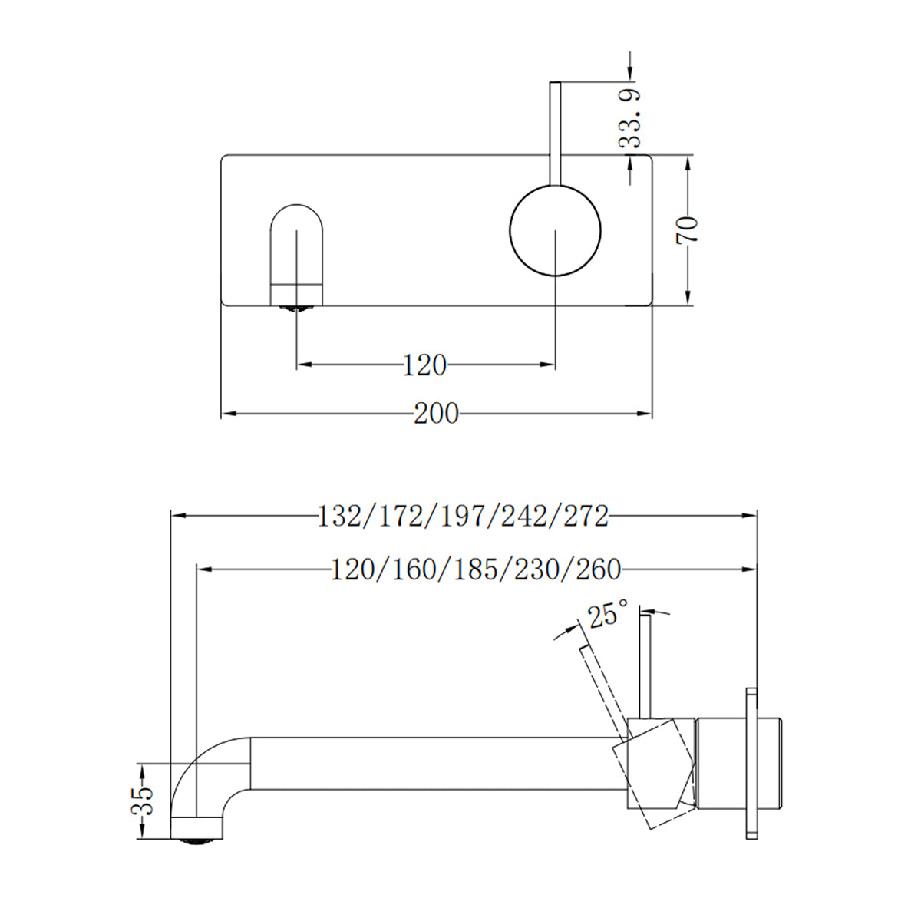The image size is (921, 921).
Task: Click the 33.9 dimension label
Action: click(x=631, y=117)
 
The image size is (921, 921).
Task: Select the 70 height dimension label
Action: click(x=688, y=230)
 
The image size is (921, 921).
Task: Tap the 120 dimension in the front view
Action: click(x=424, y=365)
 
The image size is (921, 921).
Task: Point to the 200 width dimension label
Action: click(x=436, y=414)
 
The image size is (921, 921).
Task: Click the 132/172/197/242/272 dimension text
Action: click(x=463, y=516)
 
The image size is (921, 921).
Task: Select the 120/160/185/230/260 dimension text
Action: click(x=476, y=569)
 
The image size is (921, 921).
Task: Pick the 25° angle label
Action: click(x=608, y=615)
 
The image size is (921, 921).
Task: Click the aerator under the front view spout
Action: click(x=296, y=309)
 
